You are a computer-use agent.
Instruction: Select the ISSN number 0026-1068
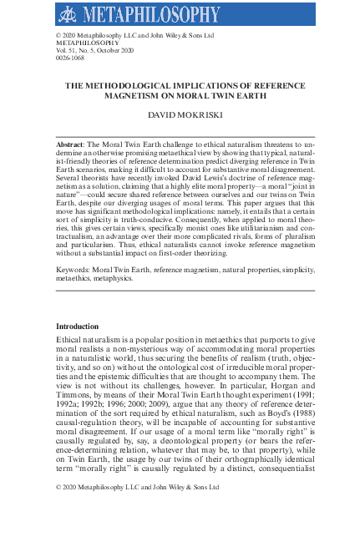tap(70, 60)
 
